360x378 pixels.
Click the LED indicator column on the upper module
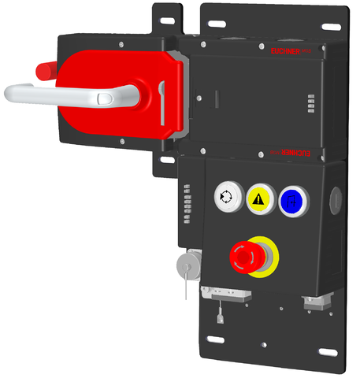[x=310, y=106]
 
